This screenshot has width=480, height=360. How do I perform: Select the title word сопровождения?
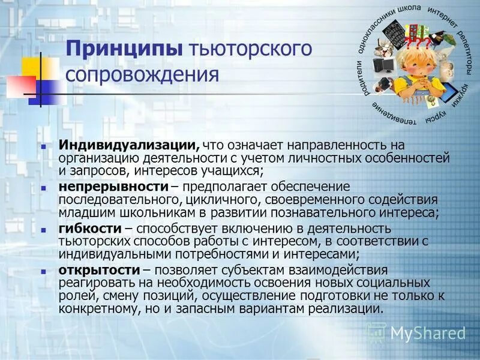click(x=142, y=75)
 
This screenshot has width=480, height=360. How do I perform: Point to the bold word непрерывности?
click(x=112, y=187)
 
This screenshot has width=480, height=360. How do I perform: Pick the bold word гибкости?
click(x=89, y=229)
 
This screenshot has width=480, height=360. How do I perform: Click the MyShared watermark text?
click(x=428, y=333)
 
